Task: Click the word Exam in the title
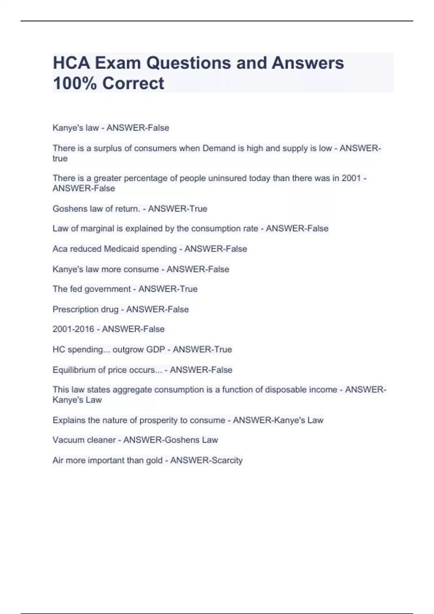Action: coord(117,63)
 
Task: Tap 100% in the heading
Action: coord(75,83)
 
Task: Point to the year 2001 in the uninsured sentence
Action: coord(351,178)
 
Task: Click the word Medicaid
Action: coord(122,249)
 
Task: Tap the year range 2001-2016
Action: coord(73,329)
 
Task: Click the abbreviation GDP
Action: coord(156,350)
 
